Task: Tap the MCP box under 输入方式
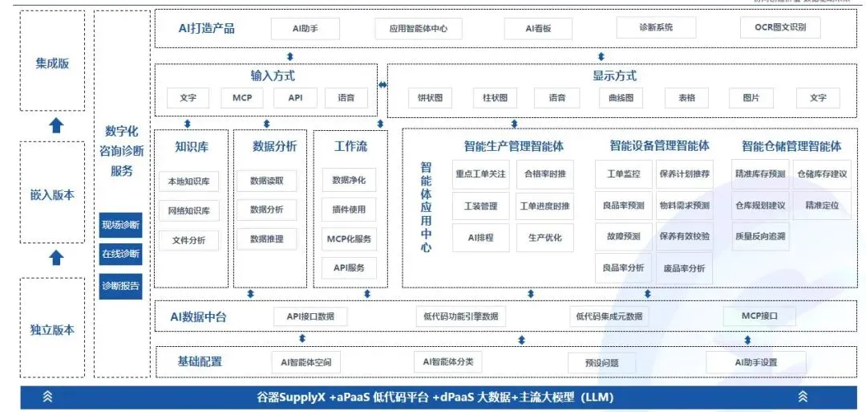point(242,98)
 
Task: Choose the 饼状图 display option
point(430,98)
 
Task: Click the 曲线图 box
point(621,98)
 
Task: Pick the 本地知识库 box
point(188,182)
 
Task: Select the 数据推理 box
point(266,239)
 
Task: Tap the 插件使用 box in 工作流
point(349,210)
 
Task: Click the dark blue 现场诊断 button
point(120,225)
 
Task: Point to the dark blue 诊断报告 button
point(120,285)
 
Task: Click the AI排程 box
point(480,238)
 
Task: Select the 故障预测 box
point(623,237)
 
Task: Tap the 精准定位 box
point(822,206)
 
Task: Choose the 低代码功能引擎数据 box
point(461,316)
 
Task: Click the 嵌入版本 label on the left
point(53,195)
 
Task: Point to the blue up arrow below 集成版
point(56,125)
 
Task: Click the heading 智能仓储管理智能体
point(791,146)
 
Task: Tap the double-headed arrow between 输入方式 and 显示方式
point(383,84)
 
